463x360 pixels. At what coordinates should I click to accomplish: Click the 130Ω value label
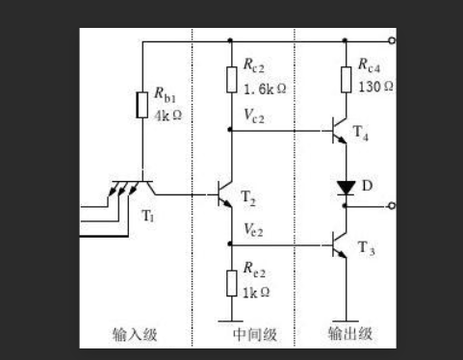pyautogui.click(x=376, y=86)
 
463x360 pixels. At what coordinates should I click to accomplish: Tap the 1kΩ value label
pyautogui.click(x=256, y=292)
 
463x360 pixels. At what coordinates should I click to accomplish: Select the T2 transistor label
pyautogui.click(x=249, y=198)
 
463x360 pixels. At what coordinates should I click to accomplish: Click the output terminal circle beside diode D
pyautogui.click(x=390, y=206)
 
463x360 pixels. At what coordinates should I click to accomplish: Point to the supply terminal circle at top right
pyautogui.click(x=390, y=40)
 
